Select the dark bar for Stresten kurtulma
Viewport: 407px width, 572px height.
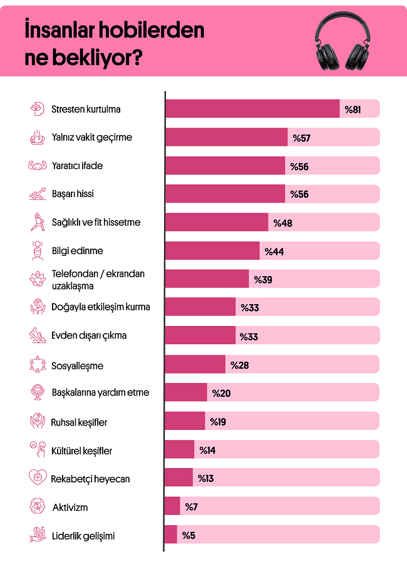point(252,109)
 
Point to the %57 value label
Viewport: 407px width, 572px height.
point(301,138)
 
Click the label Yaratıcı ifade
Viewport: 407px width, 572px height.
point(77,166)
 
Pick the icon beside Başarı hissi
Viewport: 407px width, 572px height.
point(38,194)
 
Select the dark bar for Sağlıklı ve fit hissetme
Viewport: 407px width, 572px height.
point(217,222)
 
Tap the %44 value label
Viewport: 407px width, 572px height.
point(274,251)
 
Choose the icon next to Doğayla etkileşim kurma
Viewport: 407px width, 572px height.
point(38,307)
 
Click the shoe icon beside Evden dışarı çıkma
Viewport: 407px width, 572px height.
point(38,335)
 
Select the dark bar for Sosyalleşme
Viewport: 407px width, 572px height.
point(195,364)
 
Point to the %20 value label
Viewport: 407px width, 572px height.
point(222,393)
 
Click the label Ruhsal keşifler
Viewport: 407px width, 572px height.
point(79,422)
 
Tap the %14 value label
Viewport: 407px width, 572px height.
point(207,450)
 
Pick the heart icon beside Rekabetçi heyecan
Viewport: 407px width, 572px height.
point(38,478)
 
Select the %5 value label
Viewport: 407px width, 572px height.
point(189,535)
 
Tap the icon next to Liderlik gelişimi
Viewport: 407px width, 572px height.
point(38,535)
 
